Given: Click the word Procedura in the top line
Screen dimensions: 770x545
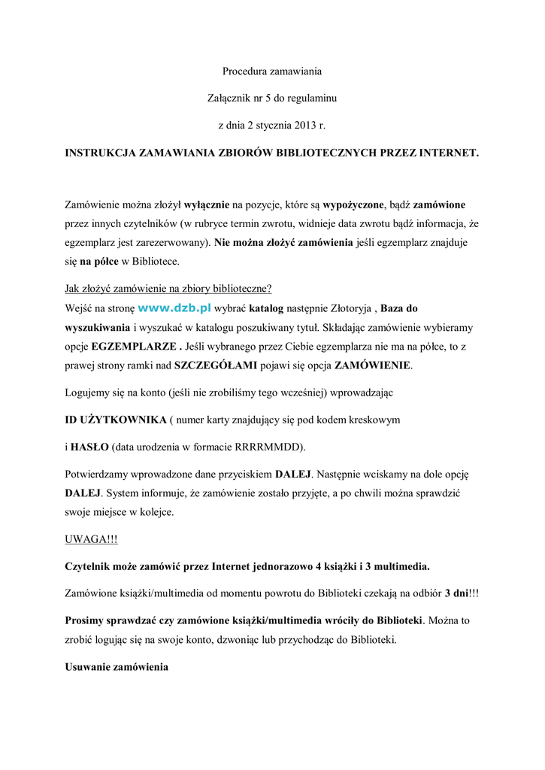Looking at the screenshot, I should click(246, 71).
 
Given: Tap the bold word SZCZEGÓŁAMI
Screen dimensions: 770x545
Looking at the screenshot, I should click(215, 366).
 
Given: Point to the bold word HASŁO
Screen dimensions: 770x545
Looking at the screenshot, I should click(89, 446).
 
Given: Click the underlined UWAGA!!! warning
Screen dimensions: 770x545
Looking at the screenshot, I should click(91, 539).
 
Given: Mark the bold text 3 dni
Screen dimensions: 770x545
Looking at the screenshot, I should click(456, 593).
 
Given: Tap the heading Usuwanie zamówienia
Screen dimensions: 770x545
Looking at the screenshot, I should click(117, 668).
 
